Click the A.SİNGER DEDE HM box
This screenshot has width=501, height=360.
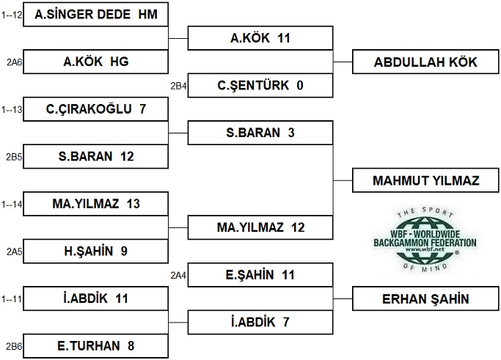95,15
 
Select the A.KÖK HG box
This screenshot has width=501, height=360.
95,62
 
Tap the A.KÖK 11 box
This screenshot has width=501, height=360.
260,38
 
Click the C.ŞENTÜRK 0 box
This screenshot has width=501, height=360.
260,85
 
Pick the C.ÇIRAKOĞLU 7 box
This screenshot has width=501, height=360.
95,109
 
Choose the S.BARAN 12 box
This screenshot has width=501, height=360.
95,156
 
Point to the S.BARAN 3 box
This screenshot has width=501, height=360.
260,133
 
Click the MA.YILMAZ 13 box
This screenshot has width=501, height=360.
95,204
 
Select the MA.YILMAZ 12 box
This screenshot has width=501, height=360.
260,227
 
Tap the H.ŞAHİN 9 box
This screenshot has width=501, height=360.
95,251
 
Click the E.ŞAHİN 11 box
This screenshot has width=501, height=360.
260,275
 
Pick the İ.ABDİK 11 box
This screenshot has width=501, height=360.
95,298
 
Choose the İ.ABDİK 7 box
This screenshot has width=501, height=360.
260,323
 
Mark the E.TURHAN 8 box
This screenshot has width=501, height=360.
95,346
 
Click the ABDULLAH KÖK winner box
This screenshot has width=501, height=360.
425,62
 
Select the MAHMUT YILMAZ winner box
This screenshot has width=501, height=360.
425,180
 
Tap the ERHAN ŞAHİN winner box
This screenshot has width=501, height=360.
425,299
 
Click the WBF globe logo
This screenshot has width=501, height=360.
425,240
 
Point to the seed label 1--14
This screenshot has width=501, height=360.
12,204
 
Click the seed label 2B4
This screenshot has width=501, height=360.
178,86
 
